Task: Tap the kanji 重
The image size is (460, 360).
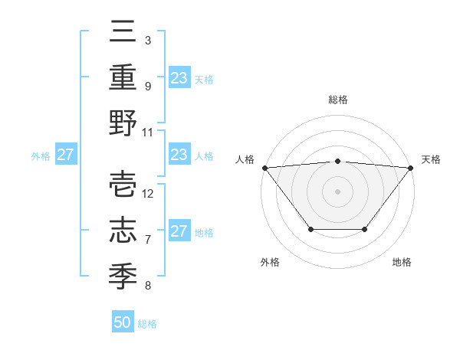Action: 123,77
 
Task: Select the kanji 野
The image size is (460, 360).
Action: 123,123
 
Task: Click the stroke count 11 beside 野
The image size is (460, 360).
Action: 148,132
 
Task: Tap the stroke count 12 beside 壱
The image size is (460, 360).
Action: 148,193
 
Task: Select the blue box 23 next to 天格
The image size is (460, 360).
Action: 179,77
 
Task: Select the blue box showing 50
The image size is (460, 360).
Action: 123,322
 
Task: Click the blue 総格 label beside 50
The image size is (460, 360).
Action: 147,324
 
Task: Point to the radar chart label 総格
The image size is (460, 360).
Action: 337,100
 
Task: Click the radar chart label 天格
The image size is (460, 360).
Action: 432,159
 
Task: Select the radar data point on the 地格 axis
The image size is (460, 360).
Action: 365,230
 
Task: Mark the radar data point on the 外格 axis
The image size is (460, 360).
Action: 310,230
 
